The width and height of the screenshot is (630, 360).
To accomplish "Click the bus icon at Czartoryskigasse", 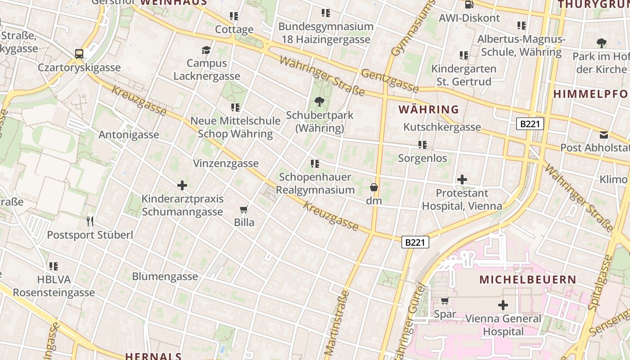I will pyautogui.click(x=79, y=54).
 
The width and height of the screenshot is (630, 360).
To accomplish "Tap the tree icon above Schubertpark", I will pyautogui.click(x=319, y=102).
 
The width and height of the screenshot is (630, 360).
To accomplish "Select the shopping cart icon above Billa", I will pyautogui.click(x=244, y=209).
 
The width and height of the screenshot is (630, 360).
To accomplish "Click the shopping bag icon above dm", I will pyautogui.click(x=373, y=187).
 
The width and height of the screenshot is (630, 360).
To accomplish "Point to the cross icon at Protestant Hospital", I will pyautogui.click(x=462, y=180).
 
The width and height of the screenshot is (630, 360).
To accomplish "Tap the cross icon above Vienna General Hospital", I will pyautogui.click(x=503, y=305).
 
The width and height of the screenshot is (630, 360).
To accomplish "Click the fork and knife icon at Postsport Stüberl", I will pyautogui.click(x=90, y=221).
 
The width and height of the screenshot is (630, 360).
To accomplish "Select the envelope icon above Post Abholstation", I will pyautogui.click(x=603, y=135).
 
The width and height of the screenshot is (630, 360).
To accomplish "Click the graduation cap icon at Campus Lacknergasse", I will pyautogui.click(x=207, y=50).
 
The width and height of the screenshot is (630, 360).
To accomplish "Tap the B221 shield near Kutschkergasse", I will pyautogui.click(x=530, y=124).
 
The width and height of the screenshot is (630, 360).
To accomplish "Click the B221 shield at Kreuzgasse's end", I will pyautogui.click(x=415, y=243).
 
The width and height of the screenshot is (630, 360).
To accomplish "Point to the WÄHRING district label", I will pyautogui.click(x=428, y=109).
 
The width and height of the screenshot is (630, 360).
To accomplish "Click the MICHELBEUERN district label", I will pyautogui.click(x=527, y=279).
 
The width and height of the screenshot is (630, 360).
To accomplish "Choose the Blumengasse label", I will pyautogui.click(x=165, y=276).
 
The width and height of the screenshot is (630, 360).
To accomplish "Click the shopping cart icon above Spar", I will pyautogui.click(x=445, y=301).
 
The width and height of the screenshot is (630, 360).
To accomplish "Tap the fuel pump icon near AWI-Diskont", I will pyautogui.click(x=469, y=5).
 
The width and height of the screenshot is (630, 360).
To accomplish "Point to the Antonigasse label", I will pyautogui.click(x=129, y=135).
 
